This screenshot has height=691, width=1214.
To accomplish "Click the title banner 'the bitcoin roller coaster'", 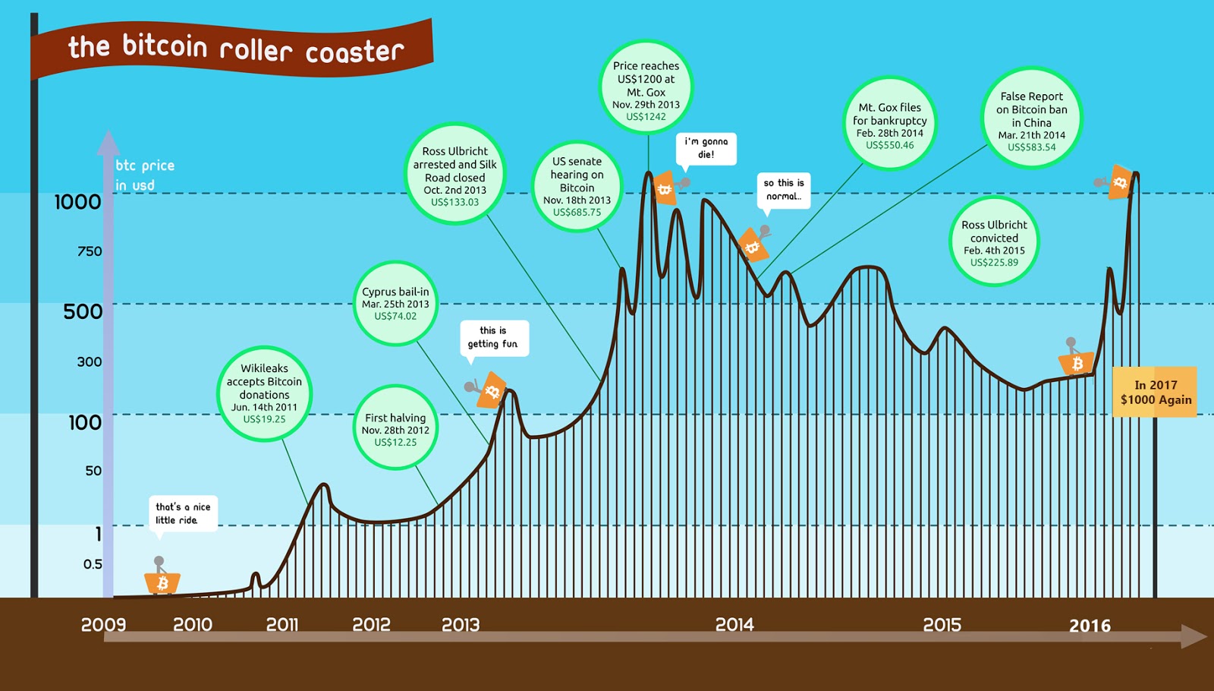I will [235, 49].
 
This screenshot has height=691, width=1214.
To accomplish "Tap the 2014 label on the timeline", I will [734, 625].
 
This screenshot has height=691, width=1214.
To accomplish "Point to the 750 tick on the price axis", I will [90, 251].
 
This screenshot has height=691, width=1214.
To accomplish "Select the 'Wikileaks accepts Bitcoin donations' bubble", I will [264, 393].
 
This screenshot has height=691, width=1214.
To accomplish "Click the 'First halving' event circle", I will [395, 428].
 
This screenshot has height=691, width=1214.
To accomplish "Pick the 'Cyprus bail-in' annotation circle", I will [395, 303].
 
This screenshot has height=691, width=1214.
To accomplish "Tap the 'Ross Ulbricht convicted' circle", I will [994, 242].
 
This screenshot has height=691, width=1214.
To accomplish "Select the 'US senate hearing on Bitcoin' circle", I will [577, 186].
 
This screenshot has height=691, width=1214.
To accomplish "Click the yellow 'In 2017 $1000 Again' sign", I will [1155, 392].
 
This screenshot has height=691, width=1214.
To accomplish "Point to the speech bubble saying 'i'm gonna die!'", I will [706, 148].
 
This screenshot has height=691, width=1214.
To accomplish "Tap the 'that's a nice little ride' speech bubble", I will [183, 513].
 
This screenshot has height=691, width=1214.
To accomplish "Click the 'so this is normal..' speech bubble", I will [784, 190].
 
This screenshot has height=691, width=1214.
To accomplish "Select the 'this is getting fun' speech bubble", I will [493, 337].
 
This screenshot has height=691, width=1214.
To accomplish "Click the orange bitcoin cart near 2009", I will [162, 582].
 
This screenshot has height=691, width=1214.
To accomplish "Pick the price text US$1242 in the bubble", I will [646, 117].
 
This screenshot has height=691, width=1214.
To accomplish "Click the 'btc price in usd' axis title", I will [144, 175].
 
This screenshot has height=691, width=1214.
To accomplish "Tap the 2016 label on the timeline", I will [1090, 626].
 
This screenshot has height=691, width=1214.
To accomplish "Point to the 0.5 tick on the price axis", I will [93, 564].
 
